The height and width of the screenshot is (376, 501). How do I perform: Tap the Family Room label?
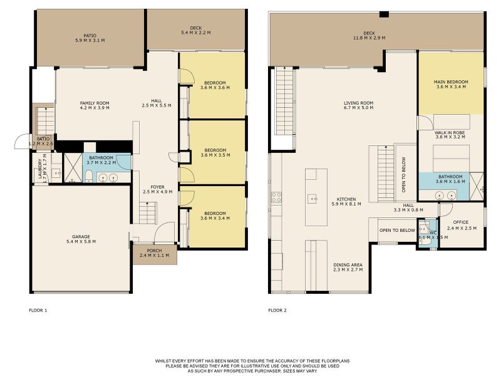(x=95, y=103)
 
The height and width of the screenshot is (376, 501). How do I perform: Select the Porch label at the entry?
(x=154, y=251)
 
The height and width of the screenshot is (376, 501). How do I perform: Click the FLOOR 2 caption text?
(x=277, y=310)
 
